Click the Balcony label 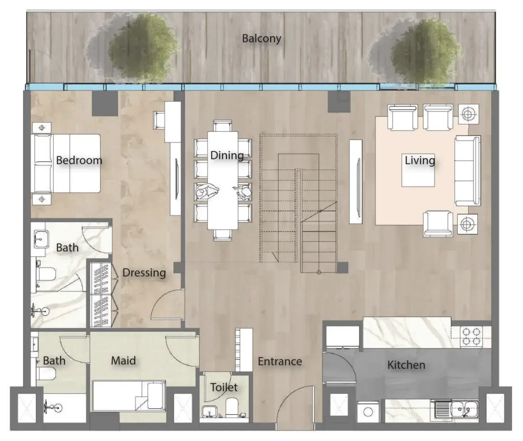point(261,39)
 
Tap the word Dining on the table point(227,155)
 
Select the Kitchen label point(406,365)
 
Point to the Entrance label point(280,361)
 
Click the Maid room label point(123,361)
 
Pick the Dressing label point(144,273)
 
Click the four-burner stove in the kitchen point(471,337)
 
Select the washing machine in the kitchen point(368,412)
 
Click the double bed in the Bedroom point(66,164)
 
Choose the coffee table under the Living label point(418,170)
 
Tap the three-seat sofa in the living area point(468,171)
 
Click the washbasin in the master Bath point(41,239)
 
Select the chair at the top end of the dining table point(223,126)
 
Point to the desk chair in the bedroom point(159,120)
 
